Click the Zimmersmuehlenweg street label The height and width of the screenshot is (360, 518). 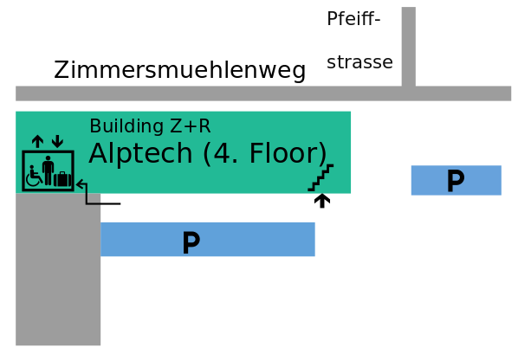179,70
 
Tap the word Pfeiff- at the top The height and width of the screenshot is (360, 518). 353,18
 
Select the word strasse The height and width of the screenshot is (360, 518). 359,62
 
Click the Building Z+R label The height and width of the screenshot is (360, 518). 150,126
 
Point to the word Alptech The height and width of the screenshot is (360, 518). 140,154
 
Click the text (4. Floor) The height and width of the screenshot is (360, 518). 265,154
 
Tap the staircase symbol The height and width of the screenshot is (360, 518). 321,177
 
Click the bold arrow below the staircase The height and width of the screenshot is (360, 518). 322,201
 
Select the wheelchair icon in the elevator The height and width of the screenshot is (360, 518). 34,177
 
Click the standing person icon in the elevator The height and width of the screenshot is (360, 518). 49,170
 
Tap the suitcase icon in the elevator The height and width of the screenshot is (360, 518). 62,179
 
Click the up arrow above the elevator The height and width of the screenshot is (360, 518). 37,141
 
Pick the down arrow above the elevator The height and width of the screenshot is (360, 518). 57,141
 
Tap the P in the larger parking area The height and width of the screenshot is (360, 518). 191,242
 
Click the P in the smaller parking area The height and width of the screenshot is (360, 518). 456,180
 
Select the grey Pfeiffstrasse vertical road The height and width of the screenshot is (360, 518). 409,47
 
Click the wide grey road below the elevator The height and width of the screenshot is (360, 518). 58,269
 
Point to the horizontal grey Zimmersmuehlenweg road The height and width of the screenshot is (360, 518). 263,93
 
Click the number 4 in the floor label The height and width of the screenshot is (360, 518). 220,153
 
